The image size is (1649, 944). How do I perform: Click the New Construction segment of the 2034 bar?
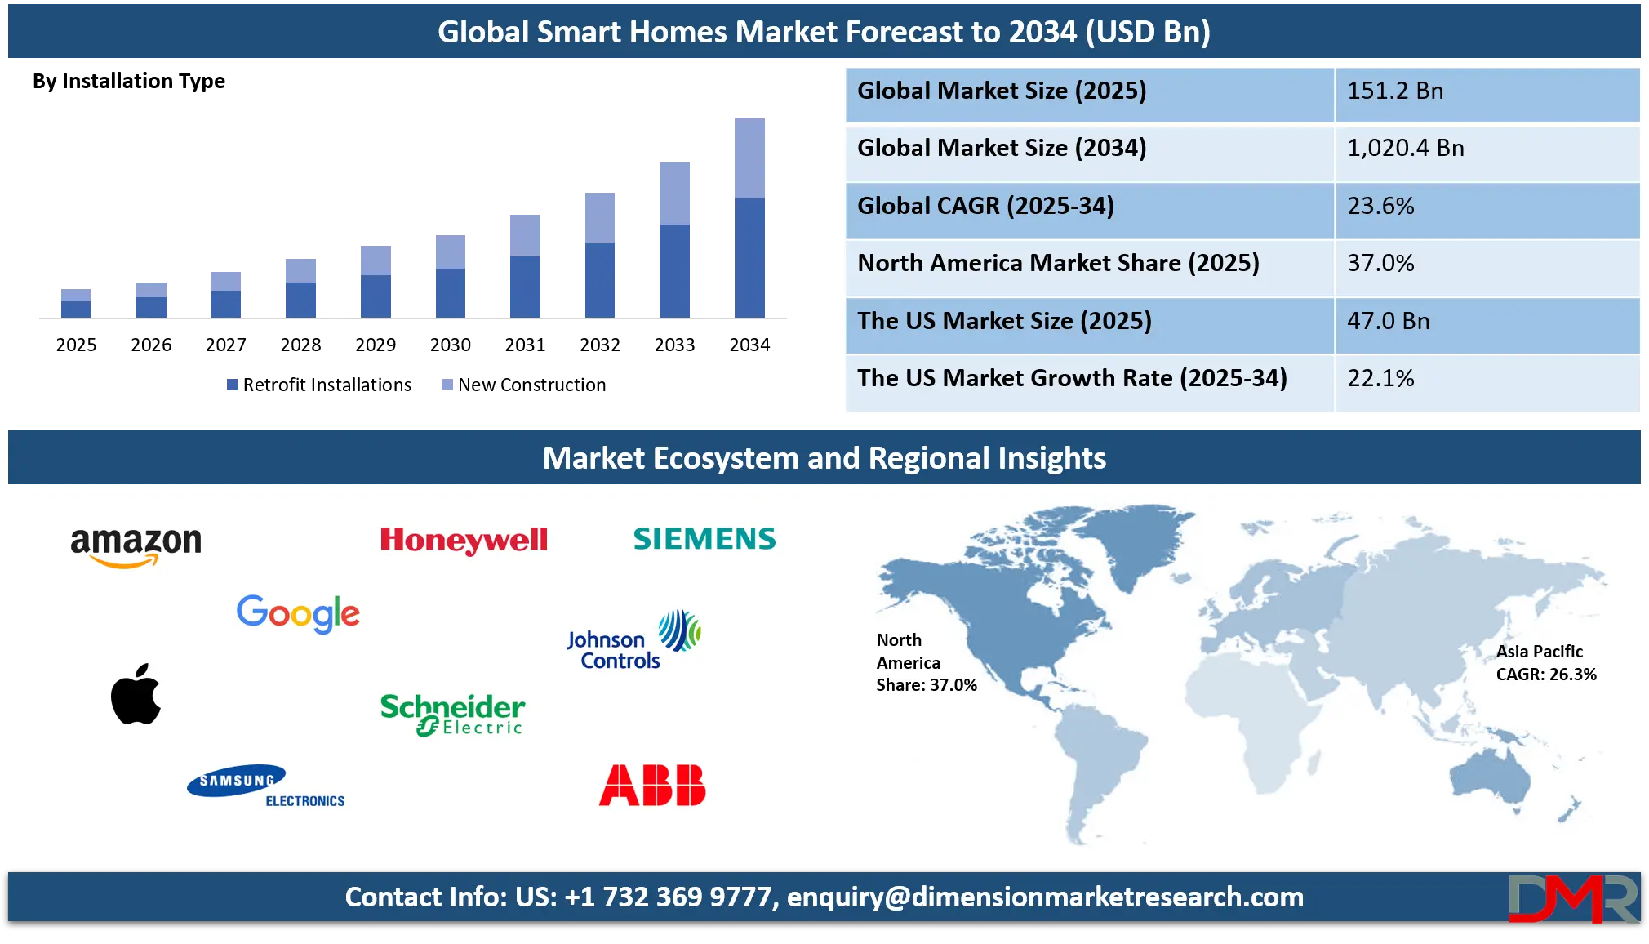coord(749,158)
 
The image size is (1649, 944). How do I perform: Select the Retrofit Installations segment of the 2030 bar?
coord(451,293)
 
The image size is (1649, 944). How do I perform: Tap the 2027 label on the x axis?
coord(226,345)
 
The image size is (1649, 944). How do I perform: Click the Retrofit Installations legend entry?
coord(319,385)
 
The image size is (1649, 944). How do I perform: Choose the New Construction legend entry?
coord(524,385)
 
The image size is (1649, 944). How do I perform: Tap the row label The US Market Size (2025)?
coord(1004,321)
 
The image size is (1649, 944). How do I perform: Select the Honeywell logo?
coord(464,541)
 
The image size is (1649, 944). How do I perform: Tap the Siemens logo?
coord(704,539)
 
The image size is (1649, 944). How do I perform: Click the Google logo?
coord(298,614)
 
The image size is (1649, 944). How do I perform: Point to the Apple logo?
coord(136,693)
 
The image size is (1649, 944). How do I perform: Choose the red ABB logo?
coord(652,786)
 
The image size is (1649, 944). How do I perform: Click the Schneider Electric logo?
coord(452,715)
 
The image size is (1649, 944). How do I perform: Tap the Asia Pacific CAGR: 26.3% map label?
coord(1546,663)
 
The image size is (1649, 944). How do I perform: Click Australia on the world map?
coord(1491,777)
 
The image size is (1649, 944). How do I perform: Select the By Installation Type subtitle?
coord(129,81)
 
